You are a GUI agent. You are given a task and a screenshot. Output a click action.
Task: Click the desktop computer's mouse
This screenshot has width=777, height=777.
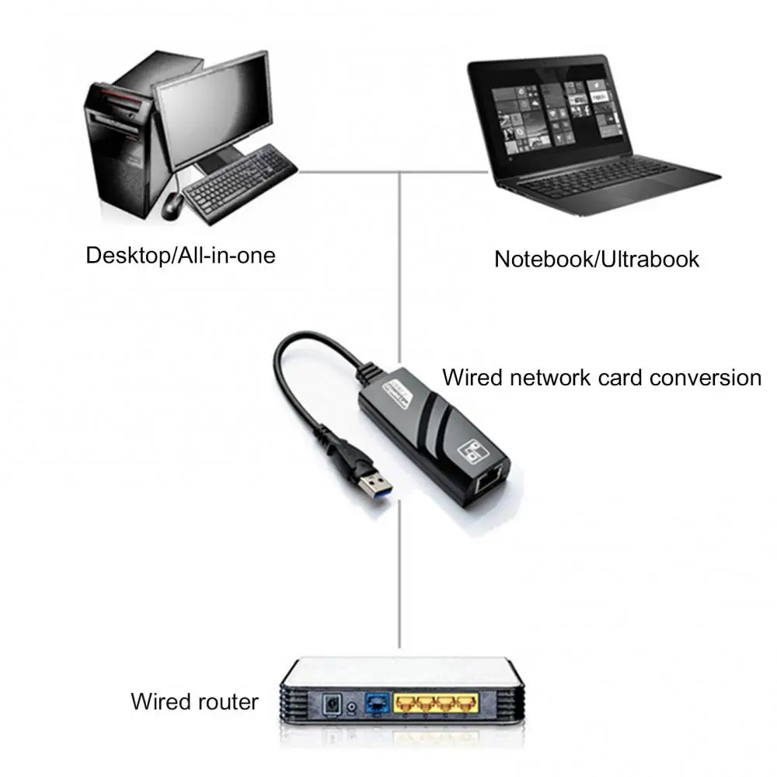point(172,205)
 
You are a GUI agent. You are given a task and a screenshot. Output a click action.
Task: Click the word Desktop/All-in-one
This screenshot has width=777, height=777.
point(180,255)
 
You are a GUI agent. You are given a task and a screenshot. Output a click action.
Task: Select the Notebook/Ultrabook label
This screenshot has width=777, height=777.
point(597,259)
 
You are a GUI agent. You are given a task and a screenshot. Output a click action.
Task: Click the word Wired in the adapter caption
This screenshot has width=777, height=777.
point(473,378)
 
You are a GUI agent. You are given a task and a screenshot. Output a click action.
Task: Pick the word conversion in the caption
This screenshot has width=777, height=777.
point(706,378)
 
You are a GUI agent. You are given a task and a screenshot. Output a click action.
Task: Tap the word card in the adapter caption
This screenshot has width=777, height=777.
point(621,378)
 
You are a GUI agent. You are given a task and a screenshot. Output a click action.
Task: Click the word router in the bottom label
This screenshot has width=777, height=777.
point(226,702)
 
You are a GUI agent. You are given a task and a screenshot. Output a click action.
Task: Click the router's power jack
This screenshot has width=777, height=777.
point(333,704)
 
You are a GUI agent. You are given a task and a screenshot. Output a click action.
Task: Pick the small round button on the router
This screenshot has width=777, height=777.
point(354,706)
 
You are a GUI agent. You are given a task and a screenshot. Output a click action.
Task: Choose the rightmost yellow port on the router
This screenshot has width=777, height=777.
point(465,704)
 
